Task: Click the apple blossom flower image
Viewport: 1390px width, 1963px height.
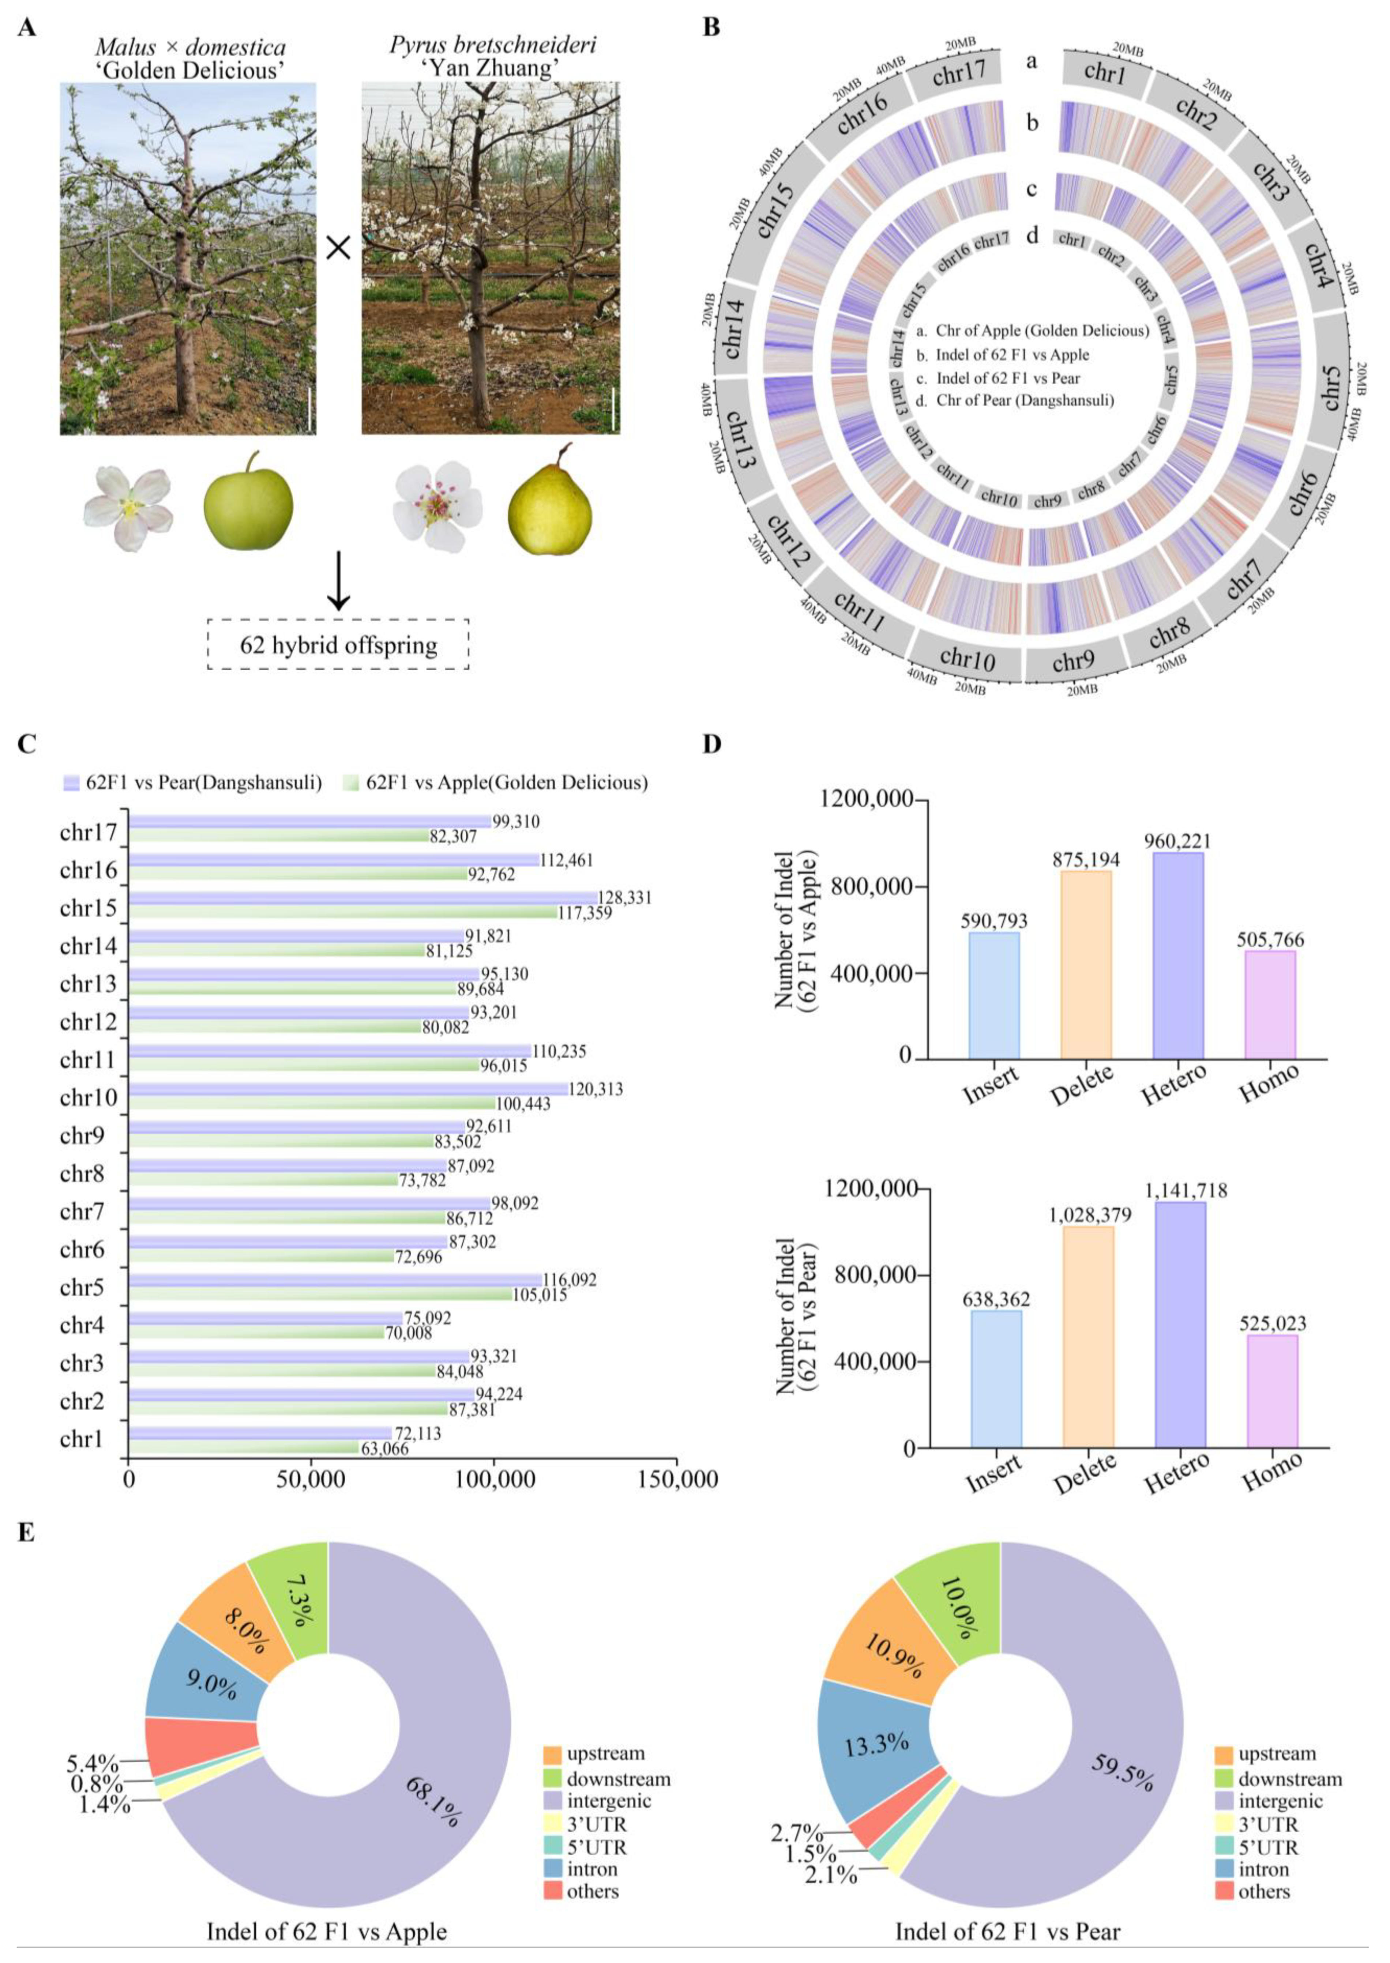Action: pyautogui.click(x=128, y=508)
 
